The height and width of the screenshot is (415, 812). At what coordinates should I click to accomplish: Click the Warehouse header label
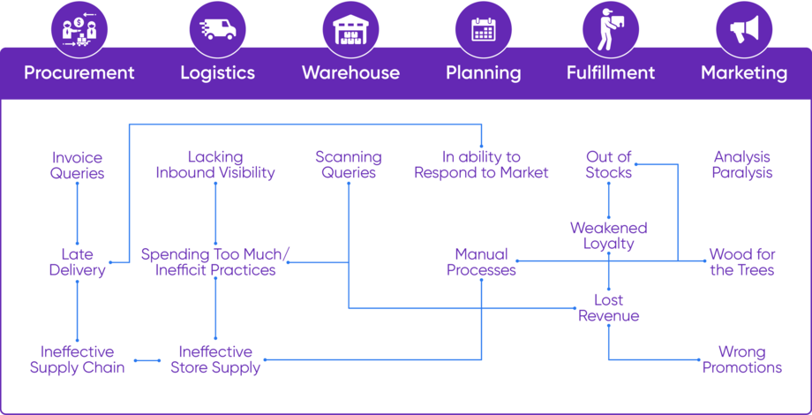click(x=350, y=72)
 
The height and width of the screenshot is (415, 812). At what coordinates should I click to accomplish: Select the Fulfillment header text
click(x=611, y=72)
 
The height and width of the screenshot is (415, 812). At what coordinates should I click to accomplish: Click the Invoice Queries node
click(x=78, y=165)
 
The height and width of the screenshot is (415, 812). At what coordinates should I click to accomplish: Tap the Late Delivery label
click(x=78, y=262)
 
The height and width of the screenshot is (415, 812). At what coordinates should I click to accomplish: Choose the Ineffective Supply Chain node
click(x=78, y=359)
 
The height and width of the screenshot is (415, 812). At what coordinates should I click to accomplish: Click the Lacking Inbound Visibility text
click(x=215, y=165)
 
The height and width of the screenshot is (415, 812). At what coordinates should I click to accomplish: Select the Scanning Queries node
click(x=349, y=165)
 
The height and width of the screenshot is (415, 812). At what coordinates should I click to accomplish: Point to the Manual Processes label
click(x=481, y=262)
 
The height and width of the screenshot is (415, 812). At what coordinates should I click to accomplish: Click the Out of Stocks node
click(x=609, y=165)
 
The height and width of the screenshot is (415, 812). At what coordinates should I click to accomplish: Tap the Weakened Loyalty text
click(x=609, y=236)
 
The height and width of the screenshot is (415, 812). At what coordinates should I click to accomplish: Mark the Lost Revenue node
click(x=609, y=307)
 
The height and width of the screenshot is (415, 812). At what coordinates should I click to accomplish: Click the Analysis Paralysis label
click(x=742, y=165)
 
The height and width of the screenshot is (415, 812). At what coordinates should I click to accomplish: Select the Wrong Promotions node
click(x=742, y=359)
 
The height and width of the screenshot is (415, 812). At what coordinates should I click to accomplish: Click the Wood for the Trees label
click(x=742, y=262)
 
